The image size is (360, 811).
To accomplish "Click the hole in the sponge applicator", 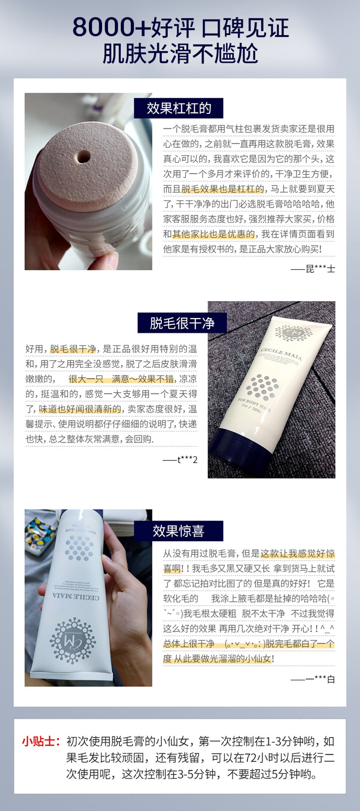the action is tap(83, 157).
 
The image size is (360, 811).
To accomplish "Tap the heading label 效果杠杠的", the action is tap(179, 108).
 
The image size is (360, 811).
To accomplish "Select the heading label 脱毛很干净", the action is tap(182, 323).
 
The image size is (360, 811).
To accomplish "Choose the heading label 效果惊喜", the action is tap(179, 531).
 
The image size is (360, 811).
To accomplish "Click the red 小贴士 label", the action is tap(41, 741).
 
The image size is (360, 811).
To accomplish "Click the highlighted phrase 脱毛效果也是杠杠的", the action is tap(222, 189).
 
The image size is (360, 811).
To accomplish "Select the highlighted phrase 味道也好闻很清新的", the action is tap(80, 409).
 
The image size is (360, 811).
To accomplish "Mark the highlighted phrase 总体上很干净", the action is tap(189, 643).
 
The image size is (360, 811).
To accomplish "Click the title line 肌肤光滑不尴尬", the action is tap(180, 54).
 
